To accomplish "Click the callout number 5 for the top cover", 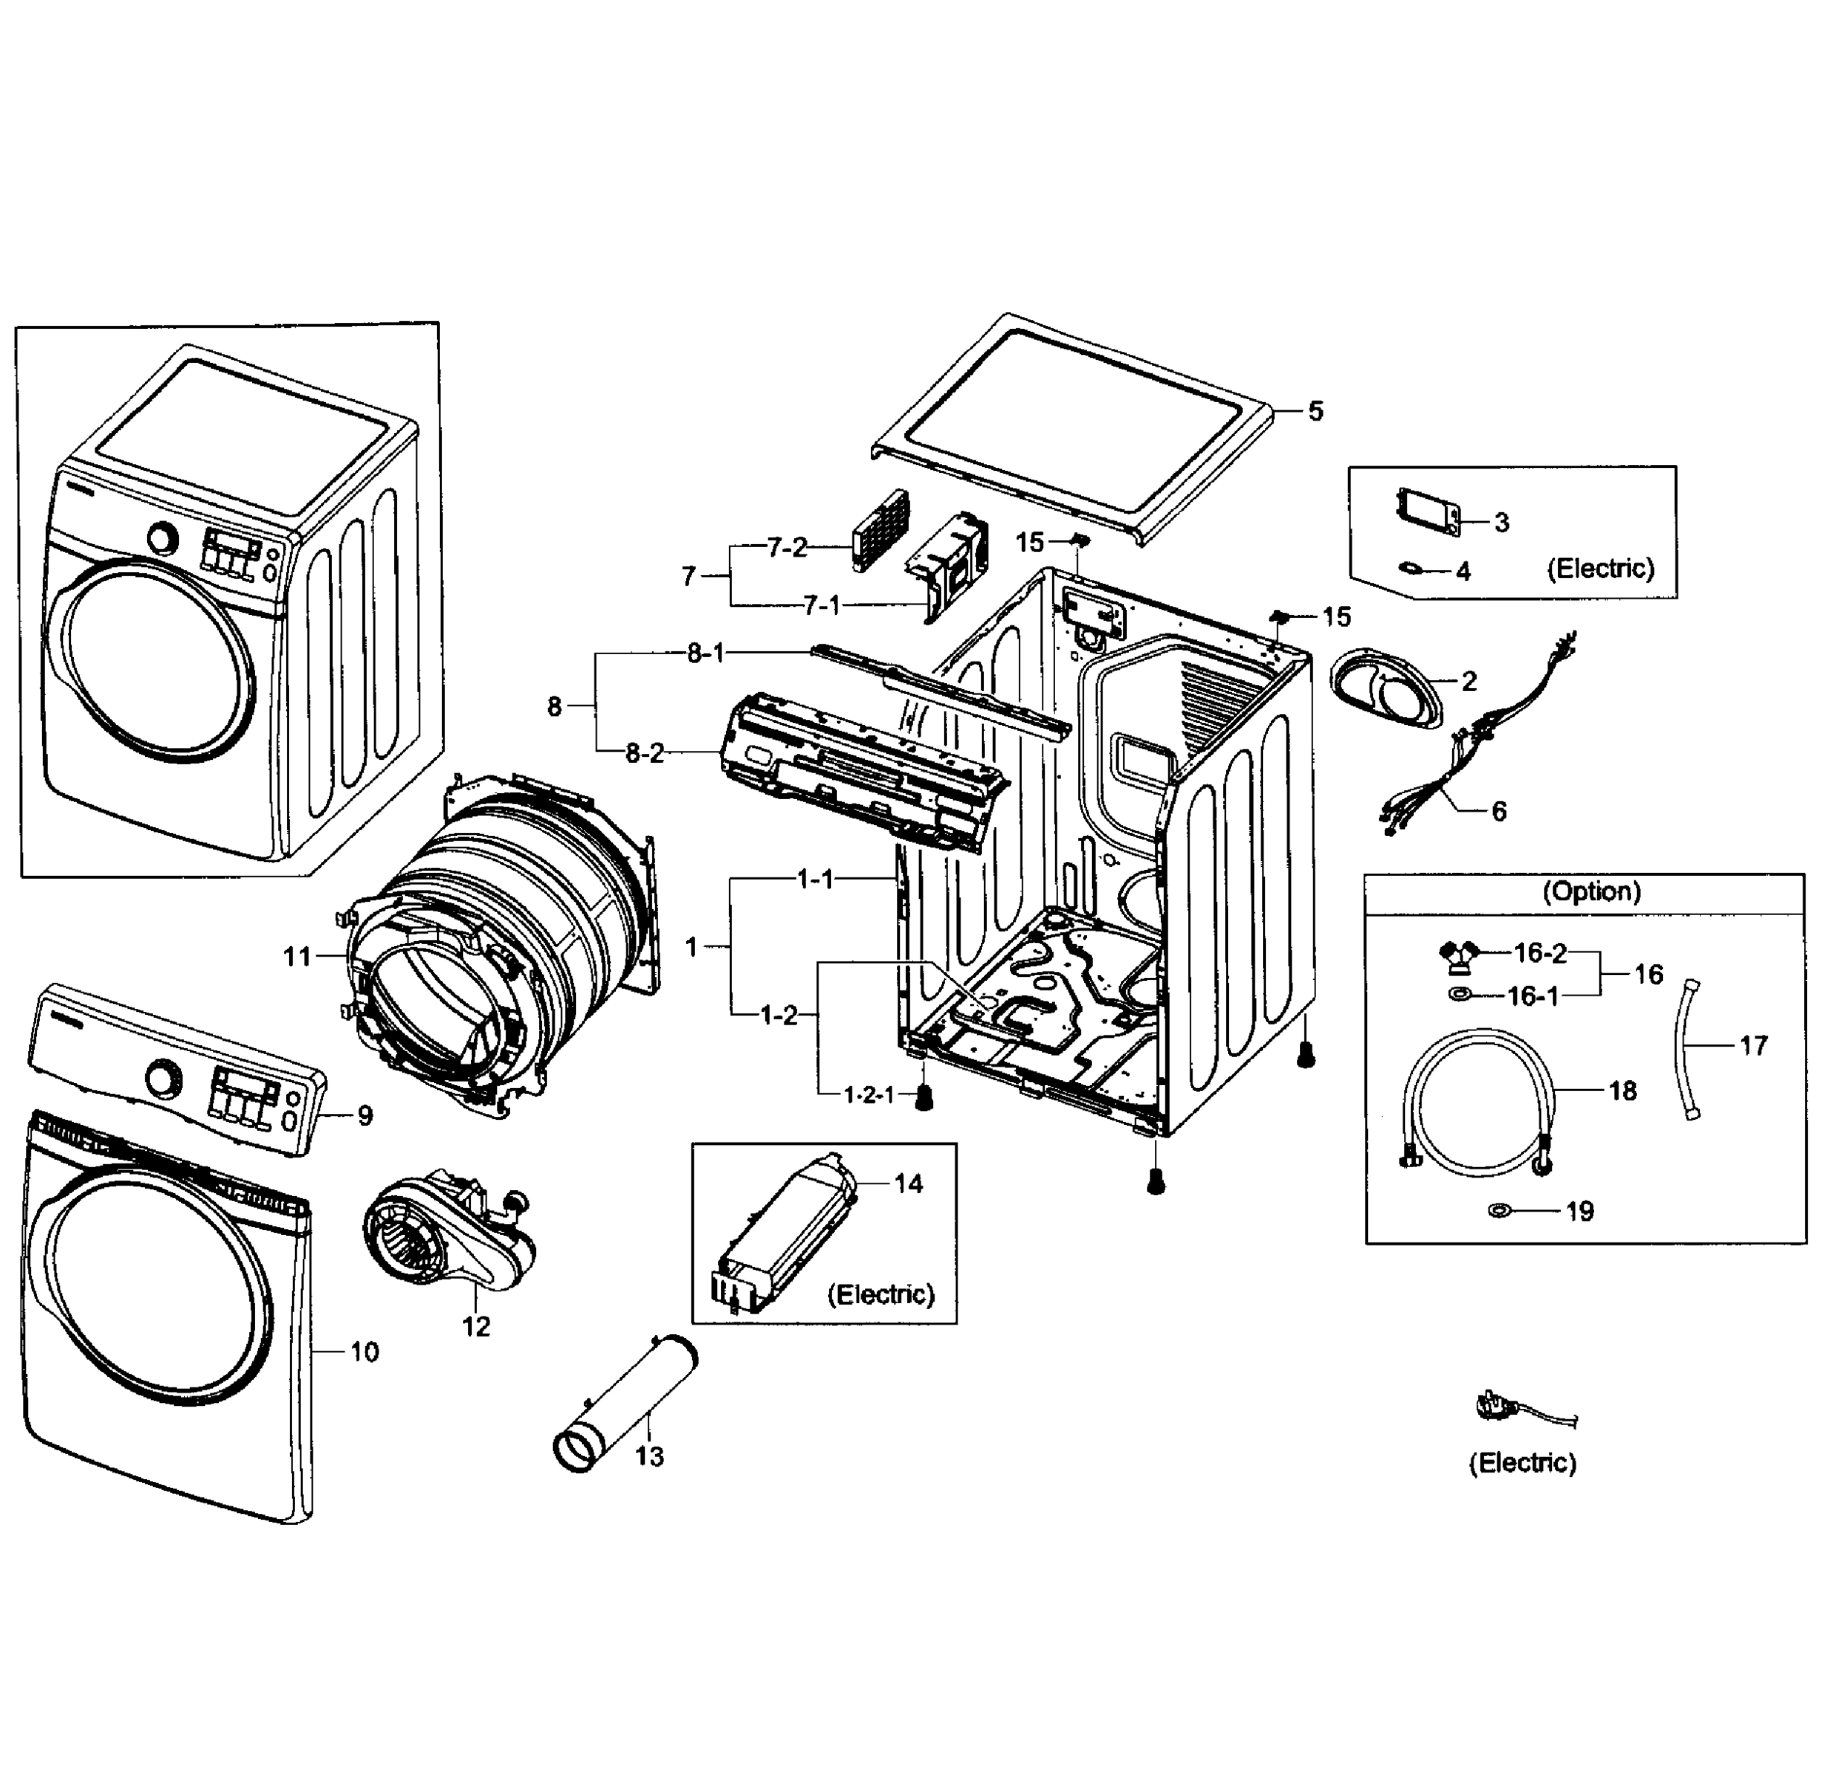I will [1315, 411].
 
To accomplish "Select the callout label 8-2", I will [645, 752].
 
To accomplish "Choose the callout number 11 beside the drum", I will [296, 956].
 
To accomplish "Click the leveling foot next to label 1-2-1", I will [924, 1095].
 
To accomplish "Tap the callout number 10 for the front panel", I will [365, 1352].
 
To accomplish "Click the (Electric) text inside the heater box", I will [880, 1294].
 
